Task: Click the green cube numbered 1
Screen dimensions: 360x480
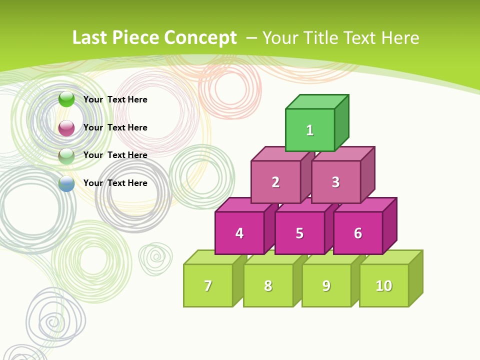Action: pyautogui.click(x=310, y=130)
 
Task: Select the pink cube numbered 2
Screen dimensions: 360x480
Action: pyautogui.click(x=275, y=182)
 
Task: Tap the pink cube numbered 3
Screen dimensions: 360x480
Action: pyautogui.click(x=335, y=182)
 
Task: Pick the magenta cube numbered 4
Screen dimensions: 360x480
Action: pyautogui.click(x=239, y=233)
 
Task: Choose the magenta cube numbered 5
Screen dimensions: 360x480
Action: pyautogui.click(x=299, y=233)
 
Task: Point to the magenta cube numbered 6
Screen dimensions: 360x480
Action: pyautogui.click(x=358, y=233)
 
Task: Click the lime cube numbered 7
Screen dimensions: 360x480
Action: pyautogui.click(x=208, y=285)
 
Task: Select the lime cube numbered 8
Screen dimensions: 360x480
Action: pyautogui.click(x=268, y=285)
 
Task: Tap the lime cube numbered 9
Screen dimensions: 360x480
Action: pyautogui.click(x=326, y=285)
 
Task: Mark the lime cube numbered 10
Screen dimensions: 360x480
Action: pyautogui.click(x=383, y=285)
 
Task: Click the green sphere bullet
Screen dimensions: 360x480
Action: pyautogui.click(x=66, y=99)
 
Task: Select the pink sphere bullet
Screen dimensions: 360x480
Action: pyautogui.click(x=66, y=128)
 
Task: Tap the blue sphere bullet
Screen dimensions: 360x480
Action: pyautogui.click(x=66, y=183)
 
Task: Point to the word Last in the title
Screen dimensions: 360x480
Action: pyautogui.click(x=90, y=38)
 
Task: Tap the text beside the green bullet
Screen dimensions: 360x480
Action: pyautogui.click(x=115, y=99)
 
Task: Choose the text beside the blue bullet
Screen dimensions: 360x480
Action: pyautogui.click(x=115, y=183)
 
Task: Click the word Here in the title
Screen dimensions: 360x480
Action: pyautogui.click(x=400, y=38)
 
